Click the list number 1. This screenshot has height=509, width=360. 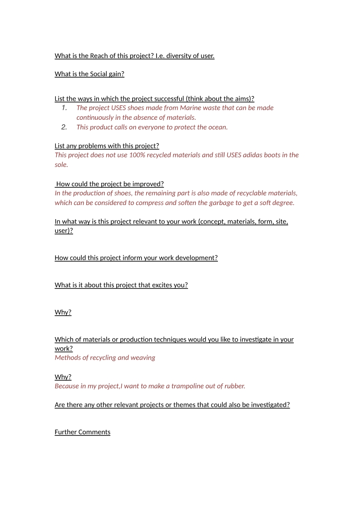64,108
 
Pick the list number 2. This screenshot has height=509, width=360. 64,127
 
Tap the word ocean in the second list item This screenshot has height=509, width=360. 217,127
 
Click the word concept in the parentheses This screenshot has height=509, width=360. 213,222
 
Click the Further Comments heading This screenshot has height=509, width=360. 82,432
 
